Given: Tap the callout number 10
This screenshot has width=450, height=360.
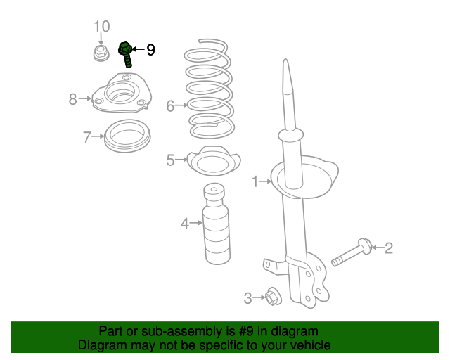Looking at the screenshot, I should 102,27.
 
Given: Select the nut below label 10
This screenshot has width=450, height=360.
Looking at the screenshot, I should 100,53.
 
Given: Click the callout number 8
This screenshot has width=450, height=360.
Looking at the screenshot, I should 72,99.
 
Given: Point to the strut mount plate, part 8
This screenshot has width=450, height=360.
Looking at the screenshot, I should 120,98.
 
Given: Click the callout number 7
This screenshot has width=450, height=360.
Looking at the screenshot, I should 86,137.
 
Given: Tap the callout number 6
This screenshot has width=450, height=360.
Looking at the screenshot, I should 169,106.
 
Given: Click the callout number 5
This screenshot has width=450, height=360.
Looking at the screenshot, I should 170,161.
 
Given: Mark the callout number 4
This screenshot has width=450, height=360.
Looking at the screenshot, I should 185,224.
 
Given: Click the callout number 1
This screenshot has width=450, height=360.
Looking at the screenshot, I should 256,183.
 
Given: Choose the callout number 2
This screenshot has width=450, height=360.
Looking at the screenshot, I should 388,247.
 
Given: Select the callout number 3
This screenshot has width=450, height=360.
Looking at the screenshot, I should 247,298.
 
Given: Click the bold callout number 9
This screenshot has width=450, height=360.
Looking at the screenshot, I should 150,50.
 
